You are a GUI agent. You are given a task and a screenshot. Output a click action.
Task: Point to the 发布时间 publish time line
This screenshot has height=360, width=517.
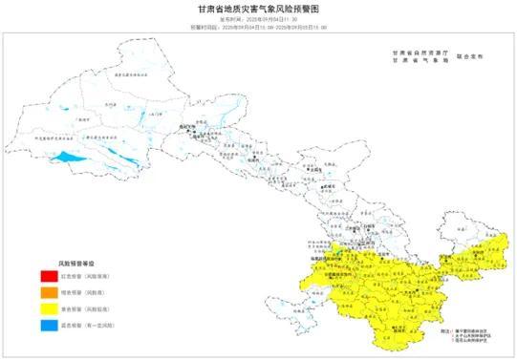[x=259, y=18]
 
